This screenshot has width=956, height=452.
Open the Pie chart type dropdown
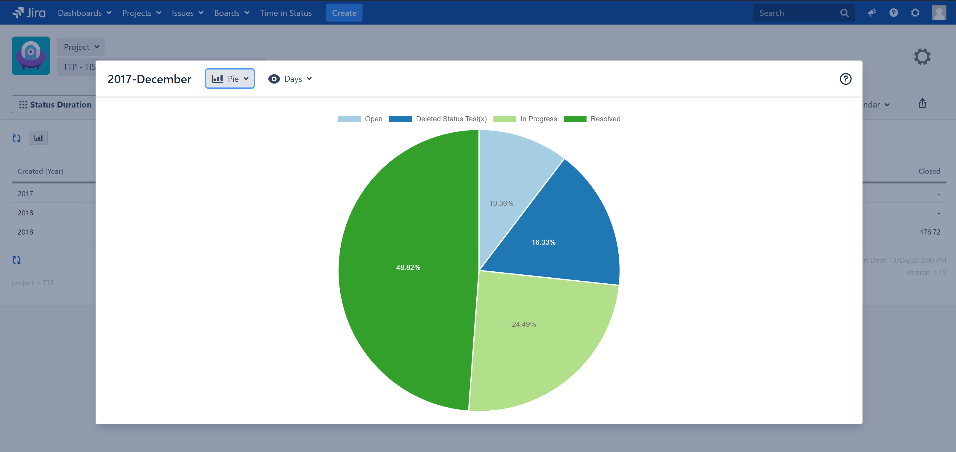coord(230,79)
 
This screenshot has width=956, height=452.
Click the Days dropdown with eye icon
coord(290,79)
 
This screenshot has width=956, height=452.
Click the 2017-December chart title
coord(149,79)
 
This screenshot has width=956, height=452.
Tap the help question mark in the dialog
coord(845,79)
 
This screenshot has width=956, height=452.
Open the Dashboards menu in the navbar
coord(84,13)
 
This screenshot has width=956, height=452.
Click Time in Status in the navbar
coord(286,13)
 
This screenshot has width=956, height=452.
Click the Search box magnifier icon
coord(844,13)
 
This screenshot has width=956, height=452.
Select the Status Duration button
coord(55,105)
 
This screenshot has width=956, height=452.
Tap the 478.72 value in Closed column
coord(929,232)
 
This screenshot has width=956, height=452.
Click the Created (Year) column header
coord(40,171)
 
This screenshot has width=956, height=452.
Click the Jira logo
coord(29,13)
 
